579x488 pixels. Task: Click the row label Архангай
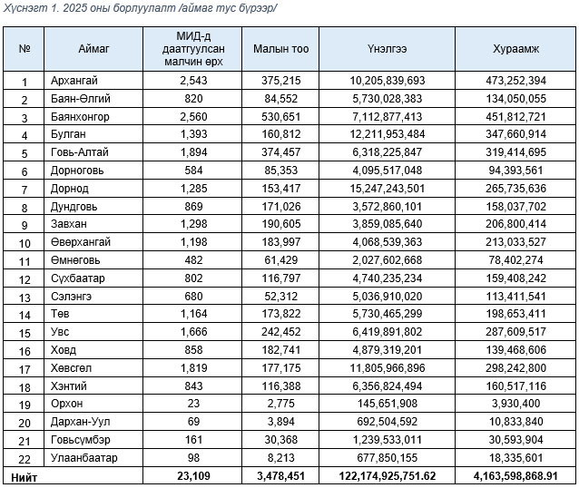(76, 81)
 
